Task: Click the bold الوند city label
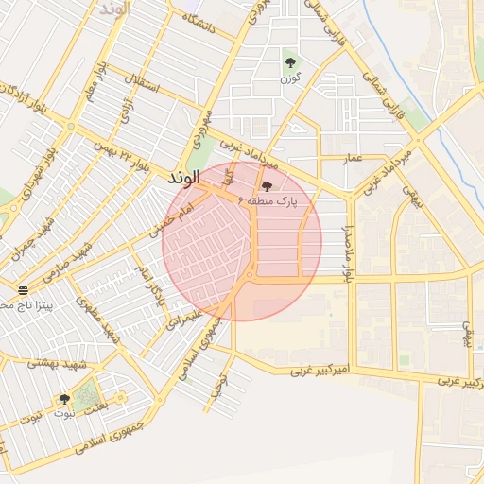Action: click(x=182, y=178)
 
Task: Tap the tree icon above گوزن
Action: click(x=289, y=63)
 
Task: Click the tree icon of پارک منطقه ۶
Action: click(x=268, y=186)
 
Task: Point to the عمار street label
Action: click(x=354, y=158)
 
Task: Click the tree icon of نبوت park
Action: click(x=64, y=400)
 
